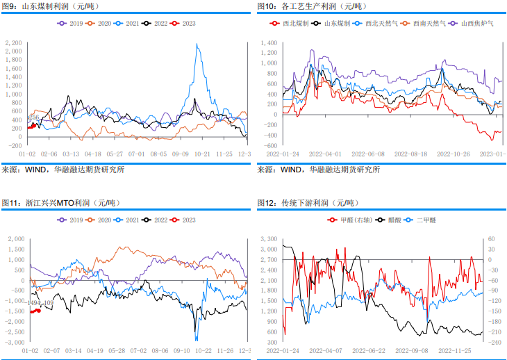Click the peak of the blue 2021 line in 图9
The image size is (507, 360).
point(198,45)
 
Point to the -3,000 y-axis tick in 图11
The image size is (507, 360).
point(14,343)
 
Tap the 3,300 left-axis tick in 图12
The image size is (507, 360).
point(269,239)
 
